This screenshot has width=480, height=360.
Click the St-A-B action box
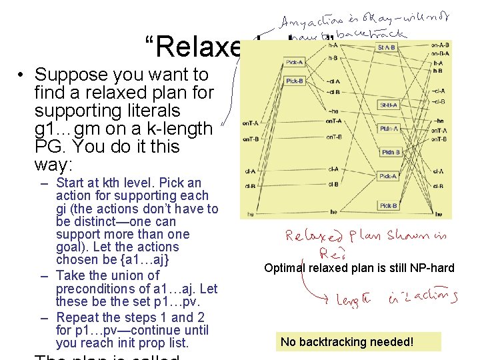pos(387,47)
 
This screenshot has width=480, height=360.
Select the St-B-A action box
pos(388,105)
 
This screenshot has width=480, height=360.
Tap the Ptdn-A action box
pos(389,129)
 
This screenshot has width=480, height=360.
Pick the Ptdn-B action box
pos(390,153)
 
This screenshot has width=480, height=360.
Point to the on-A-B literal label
pos(440,45)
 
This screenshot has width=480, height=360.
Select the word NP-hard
pos(433,268)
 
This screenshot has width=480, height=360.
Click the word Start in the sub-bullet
pos(69,183)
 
